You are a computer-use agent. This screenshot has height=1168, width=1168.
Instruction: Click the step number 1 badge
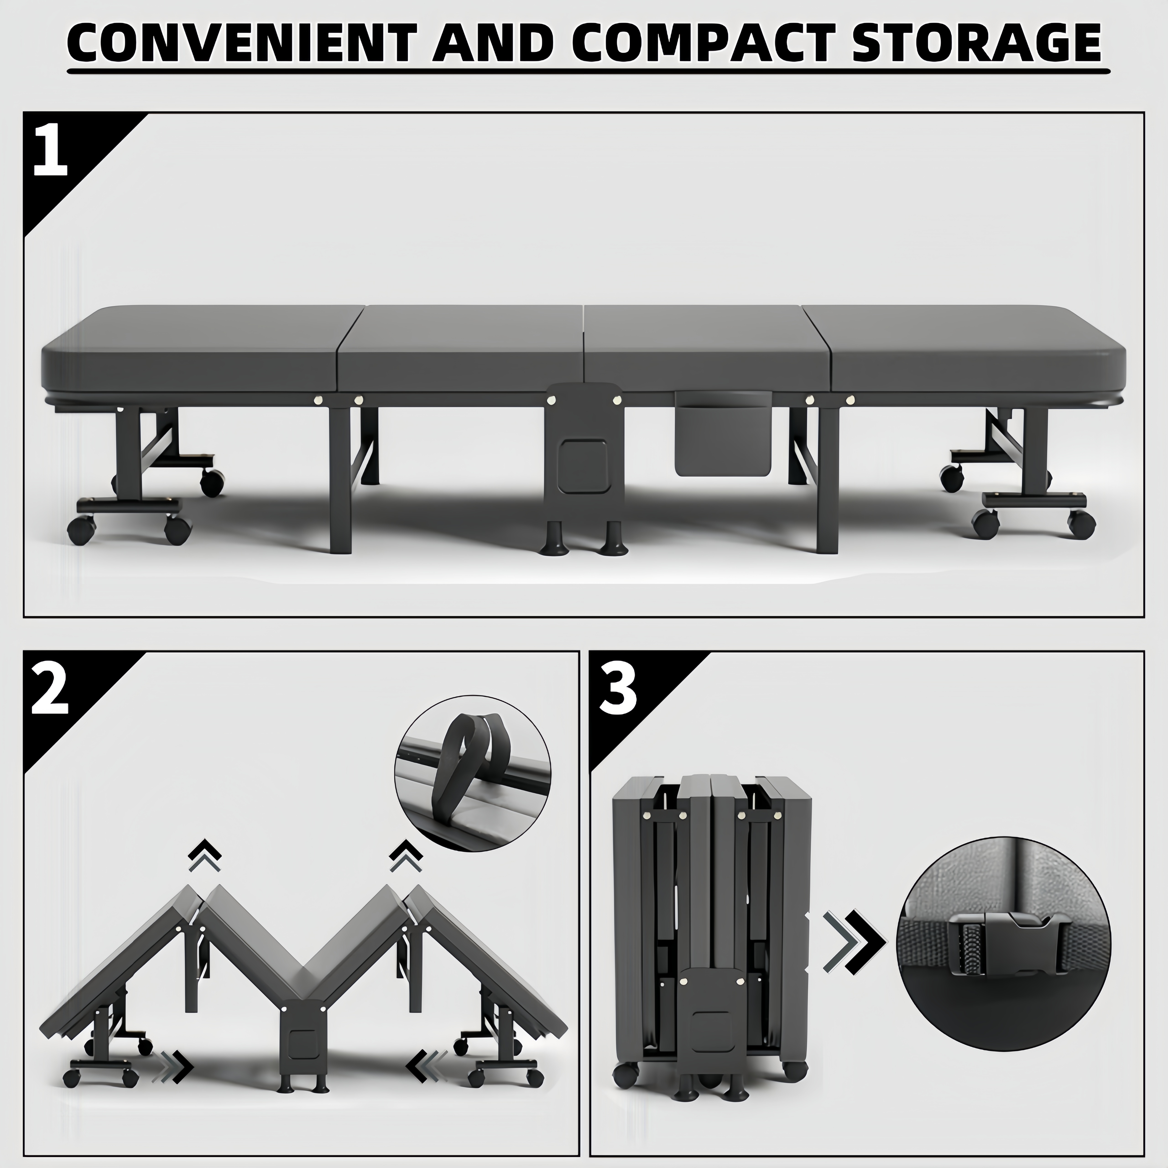click(51, 149)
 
